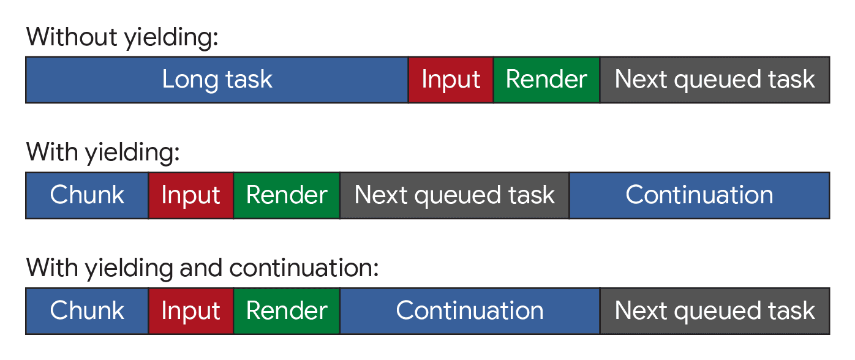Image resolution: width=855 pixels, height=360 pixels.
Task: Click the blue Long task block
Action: (x=217, y=80)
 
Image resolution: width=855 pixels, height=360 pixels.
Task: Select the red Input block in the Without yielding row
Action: (x=451, y=80)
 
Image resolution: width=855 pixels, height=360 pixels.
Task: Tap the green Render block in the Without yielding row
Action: (x=546, y=80)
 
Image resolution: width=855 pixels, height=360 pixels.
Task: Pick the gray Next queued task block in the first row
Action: (x=715, y=80)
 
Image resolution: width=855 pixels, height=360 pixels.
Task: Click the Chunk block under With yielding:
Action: (x=87, y=195)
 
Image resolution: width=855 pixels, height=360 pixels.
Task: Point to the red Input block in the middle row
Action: (x=190, y=195)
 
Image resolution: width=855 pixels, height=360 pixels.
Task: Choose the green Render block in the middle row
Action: (x=287, y=195)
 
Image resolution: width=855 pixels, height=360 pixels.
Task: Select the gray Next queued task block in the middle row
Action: (x=454, y=195)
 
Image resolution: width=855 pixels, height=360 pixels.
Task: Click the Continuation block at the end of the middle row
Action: (x=699, y=195)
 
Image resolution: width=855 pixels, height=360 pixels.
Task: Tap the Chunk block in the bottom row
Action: (x=87, y=311)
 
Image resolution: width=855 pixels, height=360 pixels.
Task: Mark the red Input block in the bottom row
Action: (x=190, y=311)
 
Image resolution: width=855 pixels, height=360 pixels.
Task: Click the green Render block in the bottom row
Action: (x=287, y=311)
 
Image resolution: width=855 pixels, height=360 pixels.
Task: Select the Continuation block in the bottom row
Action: (x=470, y=311)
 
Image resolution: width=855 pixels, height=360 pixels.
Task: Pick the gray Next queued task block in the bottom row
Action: (x=715, y=311)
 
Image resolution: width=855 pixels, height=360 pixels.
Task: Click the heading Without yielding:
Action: (x=122, y=38)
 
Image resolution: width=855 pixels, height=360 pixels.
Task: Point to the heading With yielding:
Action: (x=103, y=152)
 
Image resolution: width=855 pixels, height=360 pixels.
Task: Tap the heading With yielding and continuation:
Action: (x=203, y=268)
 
